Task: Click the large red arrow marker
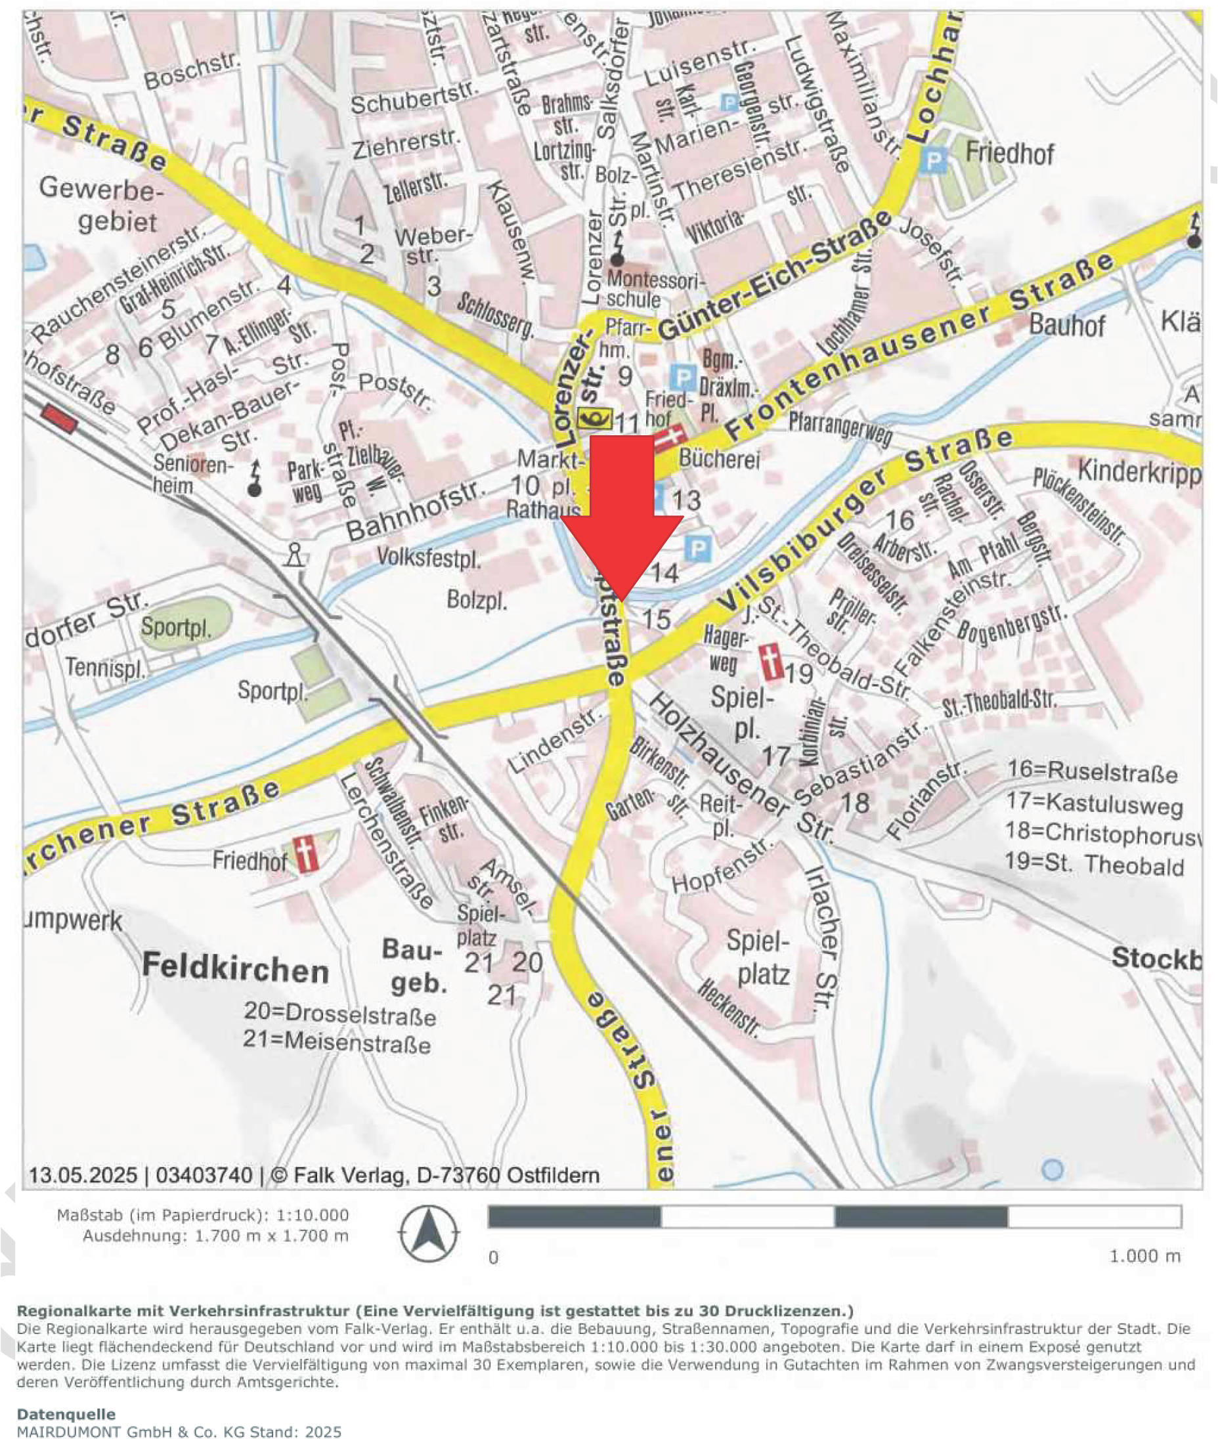pyautogui.click(x=621, y=511)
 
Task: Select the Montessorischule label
pyautogui.click(x=654, y=290)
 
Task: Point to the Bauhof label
pyautogui.click(x=1067, y=324)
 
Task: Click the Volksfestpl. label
pyautogui.click(x=429, y=557)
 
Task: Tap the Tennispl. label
pyautogui.click(x=106, y=668)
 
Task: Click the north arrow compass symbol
pyautogui.click(x=428, y=1234)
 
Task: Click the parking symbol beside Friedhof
pyautogui.click(x=934, y=161)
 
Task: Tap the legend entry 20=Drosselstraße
pyautogui.click(x=339, y=1014)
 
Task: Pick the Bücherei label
pyautogui.click(x=719, y=458)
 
